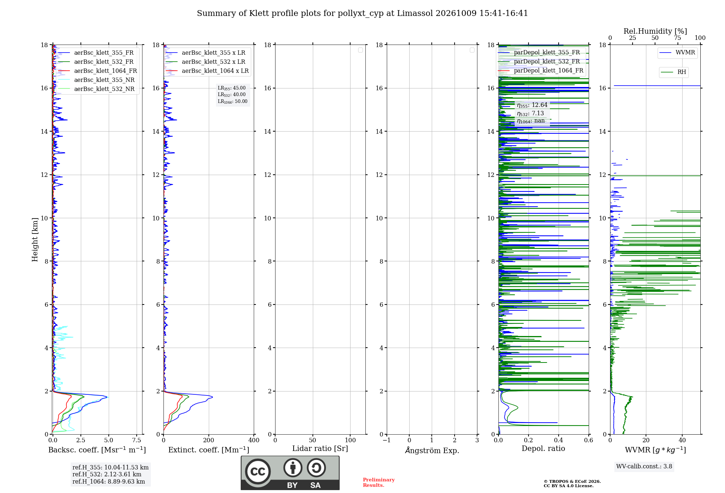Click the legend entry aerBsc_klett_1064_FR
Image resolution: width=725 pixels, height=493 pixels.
pyautogui.click(x=98, y=71)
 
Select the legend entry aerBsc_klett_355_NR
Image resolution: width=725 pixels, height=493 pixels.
pyautogui.click(x=96, y=80)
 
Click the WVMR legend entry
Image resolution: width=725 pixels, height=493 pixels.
pyautogui.click(x=677, y=53)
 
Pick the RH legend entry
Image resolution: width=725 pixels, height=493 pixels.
pyautogui.click(x=674, y=72)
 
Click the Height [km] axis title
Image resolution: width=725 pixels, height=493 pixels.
pyautogui.click(x=35, y=240)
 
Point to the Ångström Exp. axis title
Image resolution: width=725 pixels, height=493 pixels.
pyautogui.click(x=432, y=450)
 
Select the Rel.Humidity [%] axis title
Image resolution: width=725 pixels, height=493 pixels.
pyautogui.click(x=655, y=31)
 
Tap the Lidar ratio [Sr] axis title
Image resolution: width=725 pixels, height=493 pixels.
pyautogui.click(x=320, y=449)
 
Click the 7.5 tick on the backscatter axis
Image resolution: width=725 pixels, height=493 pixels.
pyautogui.click(x=137, y=440)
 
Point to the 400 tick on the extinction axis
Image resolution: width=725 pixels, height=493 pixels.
pyautogui.click(x=254, y=440)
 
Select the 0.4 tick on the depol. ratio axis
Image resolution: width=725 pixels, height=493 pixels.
pyautogui.click(x=559, y=440)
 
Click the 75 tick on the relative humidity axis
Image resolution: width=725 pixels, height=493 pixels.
pyautogui.click(x=677, y=38)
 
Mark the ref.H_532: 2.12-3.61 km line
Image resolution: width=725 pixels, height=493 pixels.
pyautogui.click(x=107, y=475)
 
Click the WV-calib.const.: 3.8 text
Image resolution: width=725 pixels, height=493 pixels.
pyautogui.click(x=644, y=467)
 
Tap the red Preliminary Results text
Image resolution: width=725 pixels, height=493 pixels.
pyautogui.click(x=379, y=482)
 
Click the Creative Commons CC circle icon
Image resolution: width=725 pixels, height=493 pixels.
pyautogui.click(x=258, y=472)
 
